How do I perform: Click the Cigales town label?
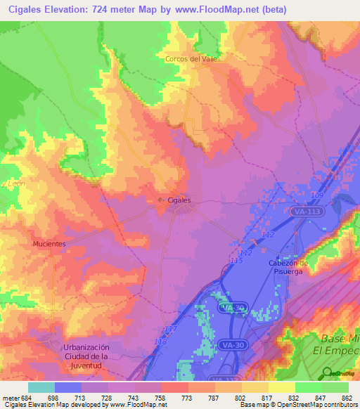(x=179, y=200)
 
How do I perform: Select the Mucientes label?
(x=49, y=244)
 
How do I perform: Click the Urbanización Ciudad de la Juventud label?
(x=86, y=356)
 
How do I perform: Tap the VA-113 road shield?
(x=304, y=210)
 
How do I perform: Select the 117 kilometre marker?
(x=169, y=329)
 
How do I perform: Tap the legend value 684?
(x=22, y=398)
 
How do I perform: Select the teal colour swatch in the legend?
(x=41, y=387)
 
